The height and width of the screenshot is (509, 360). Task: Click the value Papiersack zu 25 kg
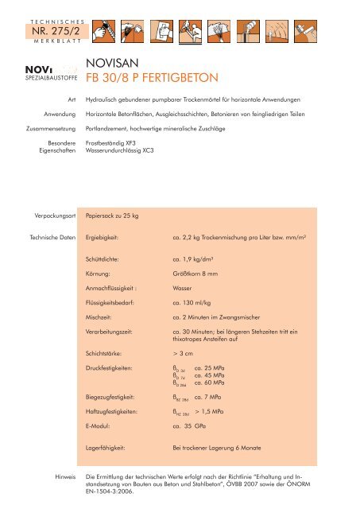(116, 216)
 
